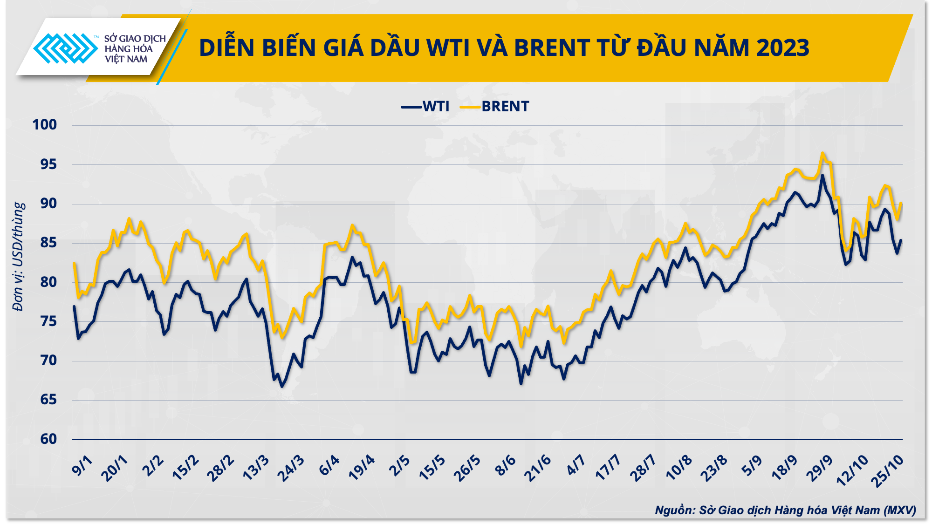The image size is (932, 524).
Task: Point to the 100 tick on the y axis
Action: pyautogui.click(x=45, y=125)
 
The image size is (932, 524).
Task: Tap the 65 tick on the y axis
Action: pyautogui.click(x=48, y=400)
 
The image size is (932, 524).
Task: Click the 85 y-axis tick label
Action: pyautogui.click(x=48, y=243)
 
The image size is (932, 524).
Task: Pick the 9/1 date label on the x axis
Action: pyautogui.click(x=82, y=466)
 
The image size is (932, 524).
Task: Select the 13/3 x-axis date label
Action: pyautogui.click(x=256, y=468)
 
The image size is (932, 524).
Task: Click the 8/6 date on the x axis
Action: pyautogui.click(x=505, y=466)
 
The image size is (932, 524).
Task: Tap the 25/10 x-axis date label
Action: pyautogui.click(x=889, y=470)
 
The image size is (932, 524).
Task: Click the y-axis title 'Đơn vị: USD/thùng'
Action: pyautogui.click(x=18, y=256)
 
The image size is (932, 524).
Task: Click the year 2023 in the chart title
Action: pyautogui.click(x=783, y=48)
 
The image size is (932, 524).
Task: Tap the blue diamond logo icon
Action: pyautogui.click(x=65, y=48)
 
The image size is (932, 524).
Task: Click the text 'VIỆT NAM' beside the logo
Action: pyautogui.click(x=126, y=59)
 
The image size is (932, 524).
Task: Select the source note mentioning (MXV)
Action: pyautogui.click(x=785, y=510)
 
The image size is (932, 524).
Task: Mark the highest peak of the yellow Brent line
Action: pyautogui.click(x=822, y=153)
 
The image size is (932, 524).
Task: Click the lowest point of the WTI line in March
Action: pyautogui.click(x=281, y=387)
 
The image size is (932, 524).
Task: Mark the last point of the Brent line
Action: pyautogui.click(x=902, y=203)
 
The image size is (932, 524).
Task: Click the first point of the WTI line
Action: pyautogui.click(x=74, y=306)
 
